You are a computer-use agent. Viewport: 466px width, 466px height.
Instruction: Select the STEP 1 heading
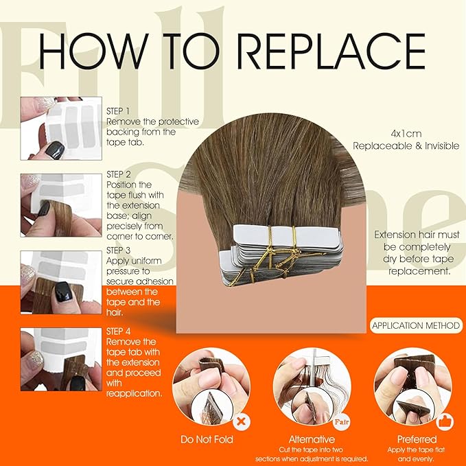[x=118, y=111]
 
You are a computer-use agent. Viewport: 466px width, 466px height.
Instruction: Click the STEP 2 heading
[x=119, y=174]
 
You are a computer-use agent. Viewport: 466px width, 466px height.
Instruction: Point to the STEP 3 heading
[x=118, y=251]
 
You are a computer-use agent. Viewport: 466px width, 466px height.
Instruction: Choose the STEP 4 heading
[x=118, y=331]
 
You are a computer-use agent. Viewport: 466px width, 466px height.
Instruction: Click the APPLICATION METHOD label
[x=416, y=326]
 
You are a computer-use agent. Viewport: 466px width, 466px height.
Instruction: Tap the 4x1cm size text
[x=406, y=134]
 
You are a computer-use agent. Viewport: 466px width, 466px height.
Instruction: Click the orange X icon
[x=242, y=421]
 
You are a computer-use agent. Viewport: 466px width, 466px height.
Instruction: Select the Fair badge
[x=341, y=421]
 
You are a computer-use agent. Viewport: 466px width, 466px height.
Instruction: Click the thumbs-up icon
[x=445, y=421]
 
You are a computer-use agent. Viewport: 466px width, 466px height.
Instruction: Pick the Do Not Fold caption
[x=207, y=439]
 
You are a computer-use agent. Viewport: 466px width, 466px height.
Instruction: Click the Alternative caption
[x=312, y=439]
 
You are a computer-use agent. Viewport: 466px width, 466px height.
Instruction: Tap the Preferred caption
[x=417, y=439]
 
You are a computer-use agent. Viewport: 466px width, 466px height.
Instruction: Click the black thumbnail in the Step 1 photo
[x=55, y=150]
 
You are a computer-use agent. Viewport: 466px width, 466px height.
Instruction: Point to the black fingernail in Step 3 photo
[x=63, y=292]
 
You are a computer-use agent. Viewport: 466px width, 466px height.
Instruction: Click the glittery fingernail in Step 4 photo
[x=36, y=360]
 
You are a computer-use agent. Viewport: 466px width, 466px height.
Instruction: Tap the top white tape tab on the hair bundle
[x=286, y=235]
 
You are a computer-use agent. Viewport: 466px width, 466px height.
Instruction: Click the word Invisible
[x=442, y=146]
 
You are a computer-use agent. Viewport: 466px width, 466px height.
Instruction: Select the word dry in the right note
[x=391, y=259]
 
